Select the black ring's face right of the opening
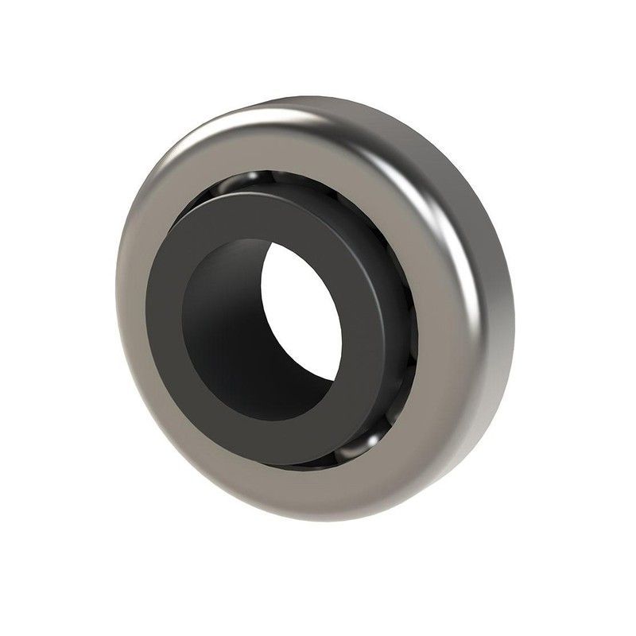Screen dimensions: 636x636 (374, 318)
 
